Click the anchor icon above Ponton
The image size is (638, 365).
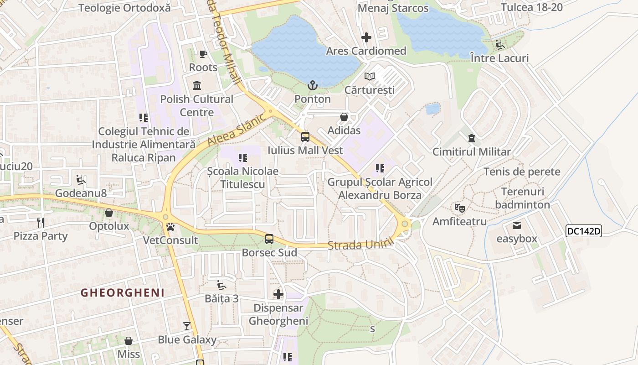(312, 85)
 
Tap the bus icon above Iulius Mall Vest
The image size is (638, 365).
(305, 136)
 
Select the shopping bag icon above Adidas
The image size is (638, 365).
(344, 117)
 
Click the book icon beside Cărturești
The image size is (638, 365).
(370, 76)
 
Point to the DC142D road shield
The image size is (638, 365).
(584, 231)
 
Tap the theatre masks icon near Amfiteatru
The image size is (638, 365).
(459, 208)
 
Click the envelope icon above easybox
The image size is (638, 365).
(517, 225)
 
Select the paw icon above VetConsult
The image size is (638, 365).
(170, 227)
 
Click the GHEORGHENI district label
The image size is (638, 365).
(123, 293)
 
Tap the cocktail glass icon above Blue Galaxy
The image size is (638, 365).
(187, 326)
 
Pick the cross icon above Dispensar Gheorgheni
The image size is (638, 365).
(278, 294)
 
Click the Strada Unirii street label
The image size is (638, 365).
(360, 245)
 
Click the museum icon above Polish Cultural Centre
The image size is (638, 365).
(197, 85)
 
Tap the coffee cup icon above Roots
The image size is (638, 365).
(203, 54)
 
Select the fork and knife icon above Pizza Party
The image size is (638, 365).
(41, 222)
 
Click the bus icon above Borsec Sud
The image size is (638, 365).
(269, 239)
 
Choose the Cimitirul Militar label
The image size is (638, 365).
(471, 152)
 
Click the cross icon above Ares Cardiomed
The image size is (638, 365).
(366, 37)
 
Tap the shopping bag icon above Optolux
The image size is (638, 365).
(109, 213)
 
